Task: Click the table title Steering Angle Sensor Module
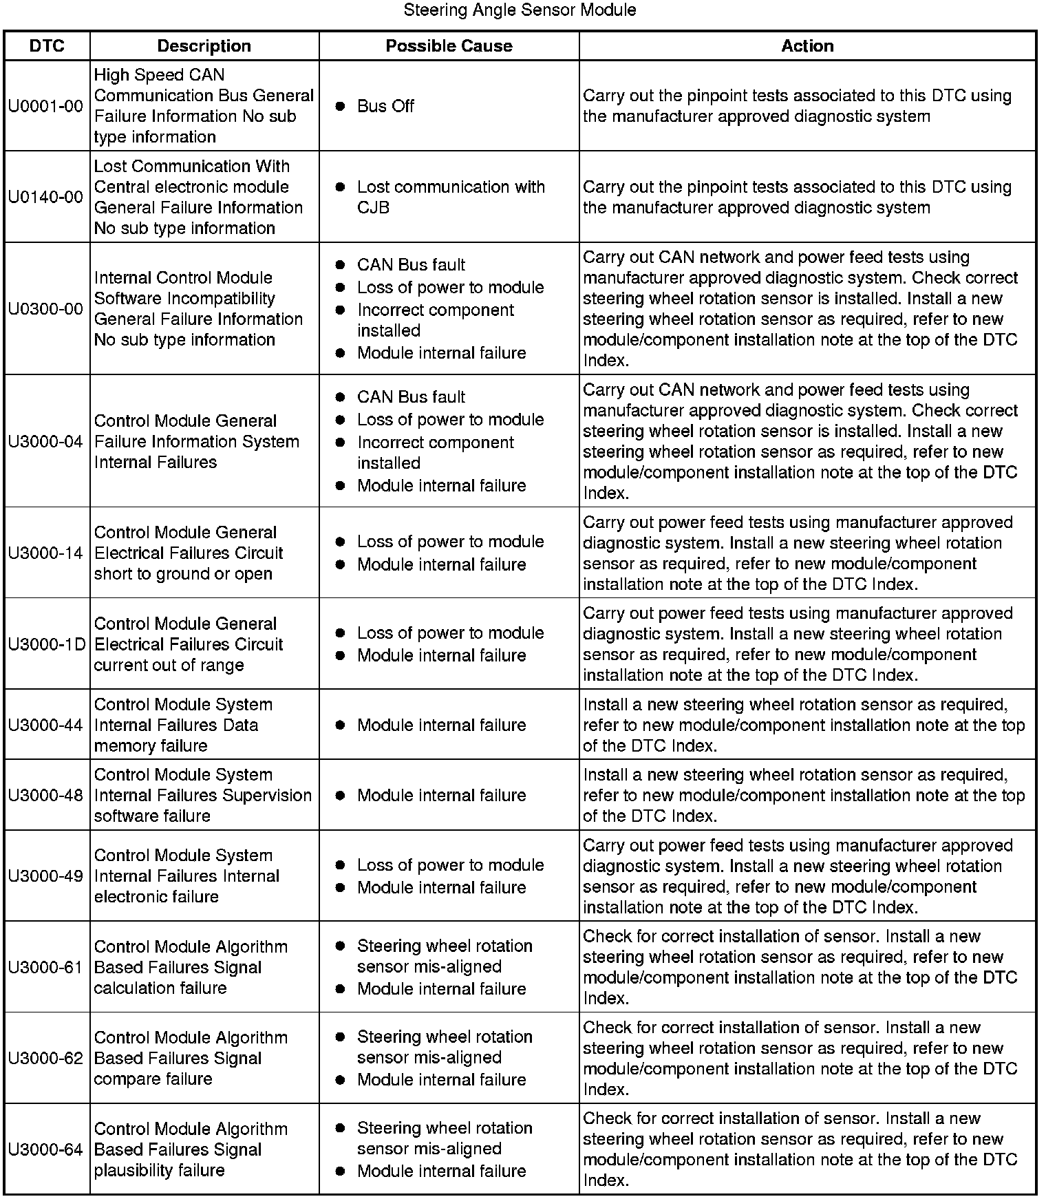click(520, 10)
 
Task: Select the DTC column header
click(47, 46)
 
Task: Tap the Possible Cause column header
click(449, 46)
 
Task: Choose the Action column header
click(807, 46)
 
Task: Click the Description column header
click(204, 46)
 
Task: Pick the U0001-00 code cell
click(46, 106)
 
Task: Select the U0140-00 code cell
click(46, 198)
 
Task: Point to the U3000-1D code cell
click(47, 644)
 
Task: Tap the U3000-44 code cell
click(46, 725)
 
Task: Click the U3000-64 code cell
click(46, 1149)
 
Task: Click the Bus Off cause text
click(385, 106)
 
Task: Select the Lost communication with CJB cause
click(450, 197)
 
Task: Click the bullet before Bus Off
click(340, 106)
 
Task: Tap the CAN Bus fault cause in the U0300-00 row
click(411, 265)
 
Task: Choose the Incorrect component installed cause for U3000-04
click(435, 453)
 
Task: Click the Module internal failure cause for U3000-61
click(441, 989)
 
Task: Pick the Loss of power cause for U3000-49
click(450, 865)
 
